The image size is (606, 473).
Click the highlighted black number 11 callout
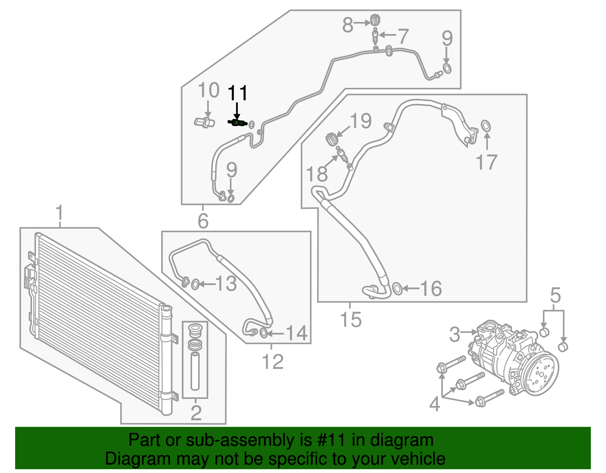point(237,93)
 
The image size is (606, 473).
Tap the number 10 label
point(208,91)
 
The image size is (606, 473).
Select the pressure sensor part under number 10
point(204,123)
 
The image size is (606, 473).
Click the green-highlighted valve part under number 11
point(237,122)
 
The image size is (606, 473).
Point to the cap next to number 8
point(374,20)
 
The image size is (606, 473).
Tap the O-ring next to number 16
point(397,289)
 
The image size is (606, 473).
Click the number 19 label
point(361,121)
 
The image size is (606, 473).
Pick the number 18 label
point(316,174)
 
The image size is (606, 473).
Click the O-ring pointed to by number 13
point(195,284)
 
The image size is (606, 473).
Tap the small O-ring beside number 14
point(264,333)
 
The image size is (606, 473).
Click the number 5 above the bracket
point(555,295)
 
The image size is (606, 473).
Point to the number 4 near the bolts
point(434,404)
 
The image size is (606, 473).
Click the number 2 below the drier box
point(195,413)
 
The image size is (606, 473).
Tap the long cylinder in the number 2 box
point(195,371)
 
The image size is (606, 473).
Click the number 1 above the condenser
point(59,214)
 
